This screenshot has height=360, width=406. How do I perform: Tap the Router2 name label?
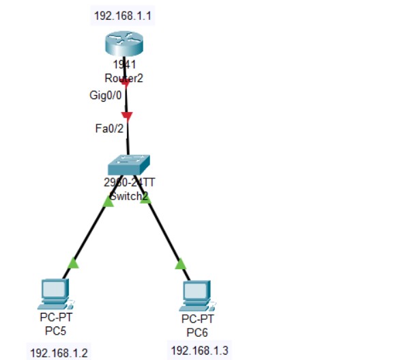[124, 77]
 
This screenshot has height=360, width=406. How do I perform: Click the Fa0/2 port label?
[109, 128]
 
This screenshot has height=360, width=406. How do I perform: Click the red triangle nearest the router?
[125, 83]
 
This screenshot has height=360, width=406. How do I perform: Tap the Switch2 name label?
[129, 196]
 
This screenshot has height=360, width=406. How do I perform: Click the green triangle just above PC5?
[74, 262]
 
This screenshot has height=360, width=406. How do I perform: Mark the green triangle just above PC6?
[180, 264]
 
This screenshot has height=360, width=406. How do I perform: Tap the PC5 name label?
[54, 331]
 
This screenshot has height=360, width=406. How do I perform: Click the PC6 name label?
[197, 333]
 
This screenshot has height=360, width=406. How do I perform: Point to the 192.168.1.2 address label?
[59, 352]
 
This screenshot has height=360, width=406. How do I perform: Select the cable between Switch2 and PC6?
[164, 232]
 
